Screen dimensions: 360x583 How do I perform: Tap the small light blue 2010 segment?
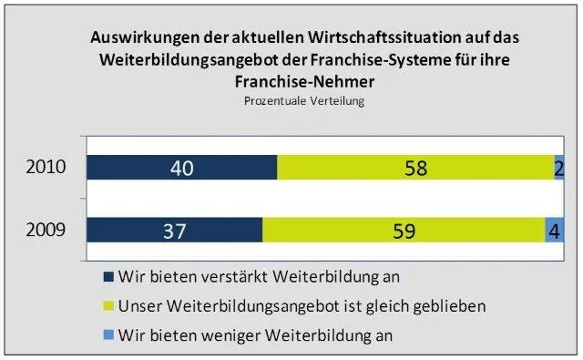pyautogui.click(x=558, y=169)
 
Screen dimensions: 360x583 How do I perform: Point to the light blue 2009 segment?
pyautogui.click(x=554, y=230)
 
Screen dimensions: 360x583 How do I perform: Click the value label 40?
pyautogui.click(x=181, y=169)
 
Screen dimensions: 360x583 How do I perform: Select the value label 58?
pyautogui.click(x=415, y=169)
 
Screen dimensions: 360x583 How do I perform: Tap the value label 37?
pyautogui.click(x=174, y=230)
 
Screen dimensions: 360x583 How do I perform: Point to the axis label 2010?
pyautogui.click(x=45, y=168)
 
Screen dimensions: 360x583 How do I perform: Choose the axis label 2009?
pyautogui.click(x=45, y=230)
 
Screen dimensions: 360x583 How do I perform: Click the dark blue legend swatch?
pyautogui.click(x=108, y=275)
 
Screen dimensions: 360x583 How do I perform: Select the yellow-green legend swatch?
pyautogui.click(x=108, y=304)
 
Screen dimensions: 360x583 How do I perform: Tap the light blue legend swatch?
pyautogui.click(x=108, y=334)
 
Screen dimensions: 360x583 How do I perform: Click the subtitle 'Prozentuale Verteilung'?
pyautogui.click(x=304, y=100)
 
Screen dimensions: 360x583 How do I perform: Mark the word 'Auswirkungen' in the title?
pyautogui.click(x=140, y=39)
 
